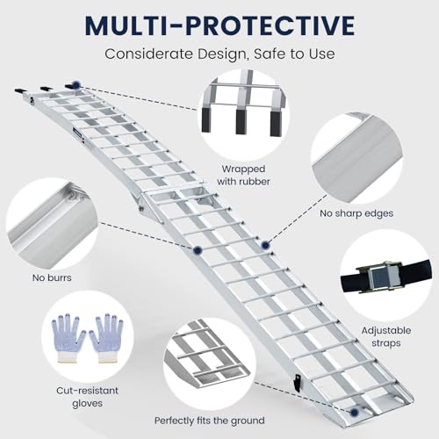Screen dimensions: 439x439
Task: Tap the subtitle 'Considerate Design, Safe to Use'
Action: click(219, 54)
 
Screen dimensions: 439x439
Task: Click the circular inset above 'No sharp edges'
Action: click(360, 155)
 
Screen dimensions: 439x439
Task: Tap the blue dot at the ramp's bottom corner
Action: click(352, 412)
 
